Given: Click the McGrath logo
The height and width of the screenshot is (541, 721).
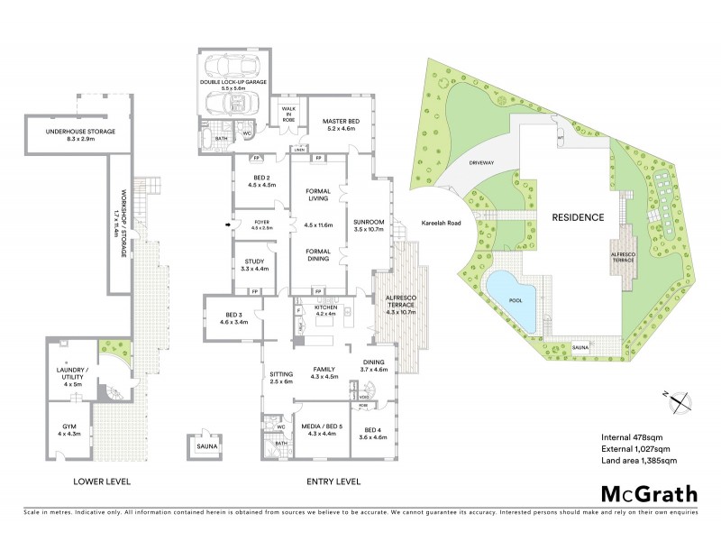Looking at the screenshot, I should [x=647, y=495].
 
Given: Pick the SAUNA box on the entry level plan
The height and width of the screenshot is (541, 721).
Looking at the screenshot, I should [x=202, y=445].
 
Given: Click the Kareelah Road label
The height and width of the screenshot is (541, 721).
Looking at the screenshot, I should [x=441, y=222].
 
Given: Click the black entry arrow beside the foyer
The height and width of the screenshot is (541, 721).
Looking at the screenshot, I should [x=225, y=226].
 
